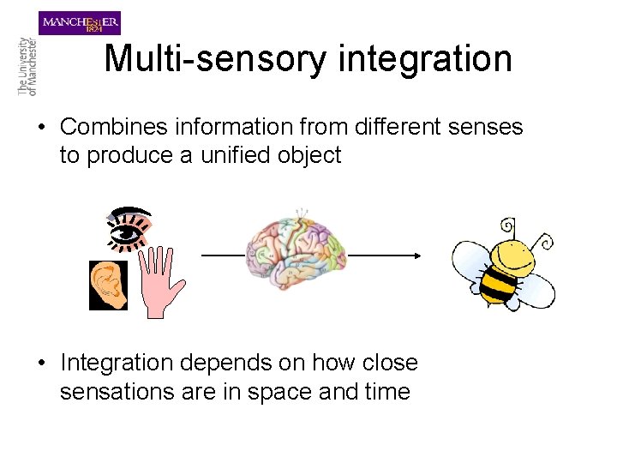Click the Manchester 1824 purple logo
click(x=80, y=22)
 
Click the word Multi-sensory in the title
click(x=215, y=59)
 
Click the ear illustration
click(x=110, y=285)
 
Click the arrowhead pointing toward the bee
click(x=417, y=256)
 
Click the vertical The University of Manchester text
click(x=27, y=66)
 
